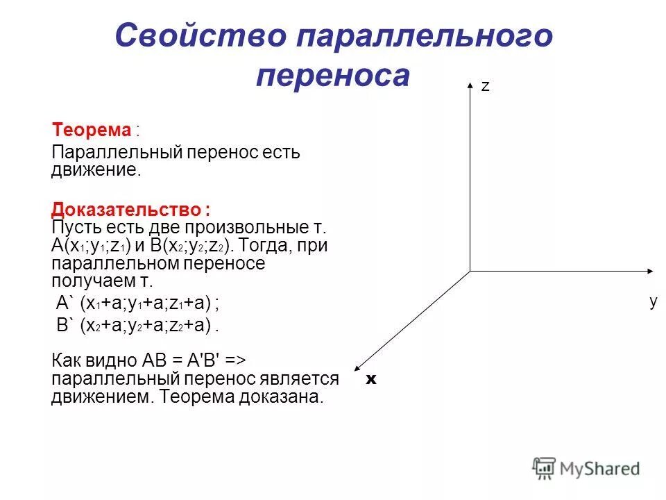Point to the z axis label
coord(486,86)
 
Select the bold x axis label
coord(371,379)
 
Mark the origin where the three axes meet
coord(470,271)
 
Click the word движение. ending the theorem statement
coord(96,170)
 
